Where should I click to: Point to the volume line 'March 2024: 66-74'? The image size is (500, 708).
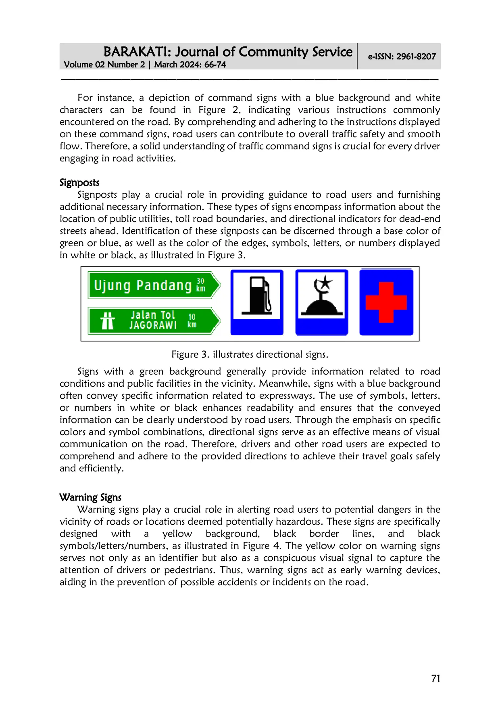[190, 65]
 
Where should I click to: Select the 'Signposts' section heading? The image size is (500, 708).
[79, 182]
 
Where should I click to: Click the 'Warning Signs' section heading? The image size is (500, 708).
[90, 497]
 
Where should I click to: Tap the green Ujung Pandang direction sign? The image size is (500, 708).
[153, 285]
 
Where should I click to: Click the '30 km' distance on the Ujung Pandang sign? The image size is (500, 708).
[200, 285]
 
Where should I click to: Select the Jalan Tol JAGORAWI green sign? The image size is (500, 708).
[153, 320]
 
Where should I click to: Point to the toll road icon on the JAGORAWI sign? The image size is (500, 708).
[108, 321]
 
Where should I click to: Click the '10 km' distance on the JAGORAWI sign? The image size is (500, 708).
[192, 320]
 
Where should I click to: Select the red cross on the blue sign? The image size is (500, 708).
[386, 302]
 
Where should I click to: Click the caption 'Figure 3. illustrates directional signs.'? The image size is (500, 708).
[250, 354]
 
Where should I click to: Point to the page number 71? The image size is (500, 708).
[435, 679]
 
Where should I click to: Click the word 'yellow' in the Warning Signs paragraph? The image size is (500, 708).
[177, 534]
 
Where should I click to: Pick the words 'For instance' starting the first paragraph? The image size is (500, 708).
[106, 98]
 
